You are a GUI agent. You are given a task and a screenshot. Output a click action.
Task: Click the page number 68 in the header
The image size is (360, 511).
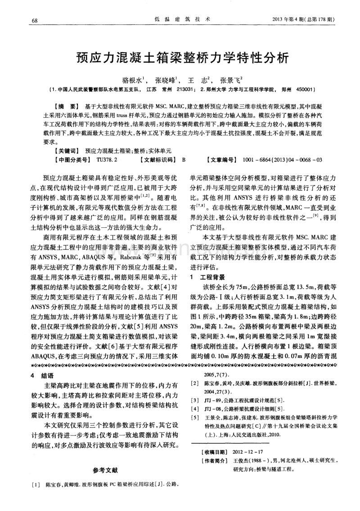coord(35,20)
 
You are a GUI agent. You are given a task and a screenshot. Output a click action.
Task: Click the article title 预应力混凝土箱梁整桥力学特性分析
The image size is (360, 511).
coord(180,58)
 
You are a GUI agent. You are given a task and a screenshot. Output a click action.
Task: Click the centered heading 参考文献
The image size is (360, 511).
coord(106,470)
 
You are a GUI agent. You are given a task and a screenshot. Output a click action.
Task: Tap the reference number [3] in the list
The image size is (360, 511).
coord(195,400)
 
